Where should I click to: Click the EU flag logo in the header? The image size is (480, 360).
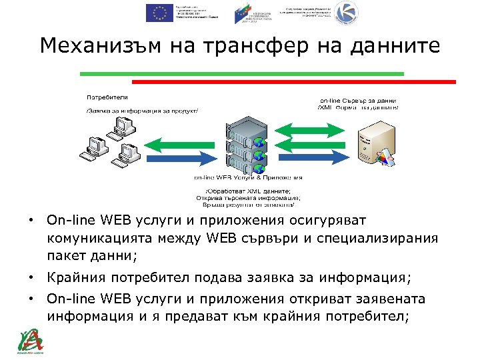click(159, 13)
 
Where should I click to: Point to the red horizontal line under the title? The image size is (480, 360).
click(293, 81)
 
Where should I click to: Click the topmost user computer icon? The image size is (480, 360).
click(123, 123)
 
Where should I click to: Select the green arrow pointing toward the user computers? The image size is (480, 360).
click(180, 142)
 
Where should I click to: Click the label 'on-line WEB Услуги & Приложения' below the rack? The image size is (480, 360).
click(248, 177)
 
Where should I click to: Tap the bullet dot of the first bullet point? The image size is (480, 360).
click(31, 219)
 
